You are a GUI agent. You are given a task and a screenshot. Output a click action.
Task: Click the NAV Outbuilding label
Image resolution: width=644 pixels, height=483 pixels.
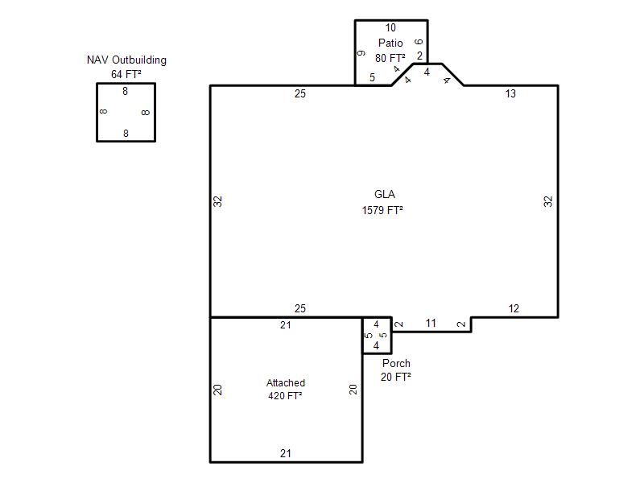coord(126,60)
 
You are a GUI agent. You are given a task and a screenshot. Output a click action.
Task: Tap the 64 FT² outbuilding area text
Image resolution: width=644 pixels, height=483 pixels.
coord(126,74)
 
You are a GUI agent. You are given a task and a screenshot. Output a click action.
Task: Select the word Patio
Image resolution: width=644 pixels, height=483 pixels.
coord(390,43)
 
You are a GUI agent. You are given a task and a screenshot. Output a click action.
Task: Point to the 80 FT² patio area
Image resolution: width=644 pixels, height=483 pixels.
coord(390,58)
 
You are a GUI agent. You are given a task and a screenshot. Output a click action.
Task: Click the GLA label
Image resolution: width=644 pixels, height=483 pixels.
coord(385,194)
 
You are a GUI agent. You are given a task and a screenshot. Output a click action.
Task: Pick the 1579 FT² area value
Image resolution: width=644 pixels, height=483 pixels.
coord(382,210)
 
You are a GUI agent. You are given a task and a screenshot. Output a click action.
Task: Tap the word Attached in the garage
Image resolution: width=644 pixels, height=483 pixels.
coord(286,383)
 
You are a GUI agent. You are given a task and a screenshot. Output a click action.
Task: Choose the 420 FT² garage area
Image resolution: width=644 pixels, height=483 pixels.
coord(285,396)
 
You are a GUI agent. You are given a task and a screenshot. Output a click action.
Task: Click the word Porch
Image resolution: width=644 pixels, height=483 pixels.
coord(396,364)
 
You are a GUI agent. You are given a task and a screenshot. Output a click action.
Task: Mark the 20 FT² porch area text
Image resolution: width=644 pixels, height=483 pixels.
coord(396,377)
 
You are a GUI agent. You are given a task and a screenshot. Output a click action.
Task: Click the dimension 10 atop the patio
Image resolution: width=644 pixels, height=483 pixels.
coord(390,28)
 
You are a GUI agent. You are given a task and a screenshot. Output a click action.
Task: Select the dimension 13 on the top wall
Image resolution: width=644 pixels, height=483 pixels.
coord(510,93)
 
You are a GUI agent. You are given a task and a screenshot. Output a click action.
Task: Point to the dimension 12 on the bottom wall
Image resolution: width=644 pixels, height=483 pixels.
coord(514,308)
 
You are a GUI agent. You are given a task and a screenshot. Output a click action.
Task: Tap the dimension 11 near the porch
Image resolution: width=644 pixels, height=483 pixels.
coord(431,324)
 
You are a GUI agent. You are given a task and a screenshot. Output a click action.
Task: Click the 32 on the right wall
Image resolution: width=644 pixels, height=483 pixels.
coord(548,201)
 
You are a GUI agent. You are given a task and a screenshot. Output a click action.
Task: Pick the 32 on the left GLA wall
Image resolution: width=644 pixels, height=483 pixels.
coord(217,201)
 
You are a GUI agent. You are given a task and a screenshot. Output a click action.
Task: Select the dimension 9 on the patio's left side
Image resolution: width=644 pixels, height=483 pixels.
coord(361,53)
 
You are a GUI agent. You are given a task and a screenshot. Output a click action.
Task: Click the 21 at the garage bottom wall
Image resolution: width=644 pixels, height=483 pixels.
coord(286,453)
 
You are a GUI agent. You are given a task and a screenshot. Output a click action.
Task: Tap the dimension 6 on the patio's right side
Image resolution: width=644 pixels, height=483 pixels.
coord(419,42)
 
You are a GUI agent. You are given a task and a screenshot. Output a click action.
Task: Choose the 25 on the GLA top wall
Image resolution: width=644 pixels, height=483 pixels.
coord(300,93)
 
